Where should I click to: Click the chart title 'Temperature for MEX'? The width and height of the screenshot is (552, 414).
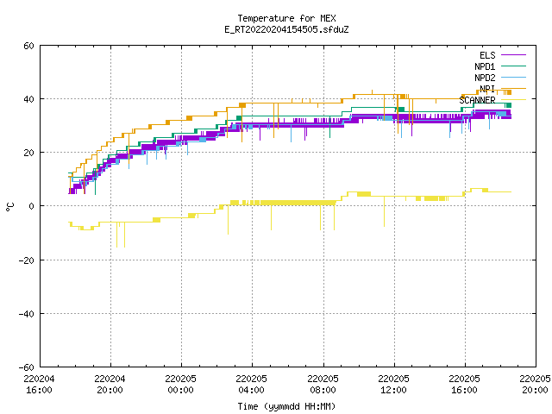(x=286, y=18)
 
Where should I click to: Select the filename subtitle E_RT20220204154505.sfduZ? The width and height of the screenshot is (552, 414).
(x=286, y=29)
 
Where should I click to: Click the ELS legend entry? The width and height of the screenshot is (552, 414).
(x=503, y=55)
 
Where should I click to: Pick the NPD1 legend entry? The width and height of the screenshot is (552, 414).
(x=500, y=66)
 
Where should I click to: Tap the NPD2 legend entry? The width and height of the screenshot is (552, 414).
(x=500, y=78)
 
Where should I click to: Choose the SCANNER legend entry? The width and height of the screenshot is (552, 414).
(x=492, y=100)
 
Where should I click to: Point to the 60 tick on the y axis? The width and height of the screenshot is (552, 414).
(x=28, y=46)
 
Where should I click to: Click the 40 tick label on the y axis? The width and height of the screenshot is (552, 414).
(x=28, y=99)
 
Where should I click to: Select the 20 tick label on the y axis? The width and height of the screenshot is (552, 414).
(x=28, y=153)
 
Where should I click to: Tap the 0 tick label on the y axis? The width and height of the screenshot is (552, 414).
(x=32, y=206)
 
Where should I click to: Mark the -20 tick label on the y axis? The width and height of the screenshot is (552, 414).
(x=27, y=260)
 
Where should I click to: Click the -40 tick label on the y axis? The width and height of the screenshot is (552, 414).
(x=27, y=314)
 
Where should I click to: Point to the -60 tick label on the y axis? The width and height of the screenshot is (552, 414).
(x=27, y=367)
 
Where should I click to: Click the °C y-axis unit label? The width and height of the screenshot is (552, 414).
(x=9, y=207)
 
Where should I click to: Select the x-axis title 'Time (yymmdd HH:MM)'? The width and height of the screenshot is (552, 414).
(x=286, y=406)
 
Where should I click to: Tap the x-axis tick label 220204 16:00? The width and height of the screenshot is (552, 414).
(x=39, y=385)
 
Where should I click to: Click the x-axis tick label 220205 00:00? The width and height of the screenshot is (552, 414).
(x=180, y=385)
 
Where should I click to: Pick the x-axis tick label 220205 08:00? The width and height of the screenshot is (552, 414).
(x=323, y=385)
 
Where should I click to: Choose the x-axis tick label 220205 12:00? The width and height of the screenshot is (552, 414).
(x=393, y=385)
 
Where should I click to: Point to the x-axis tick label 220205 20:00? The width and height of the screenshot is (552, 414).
(x=535, y=385)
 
